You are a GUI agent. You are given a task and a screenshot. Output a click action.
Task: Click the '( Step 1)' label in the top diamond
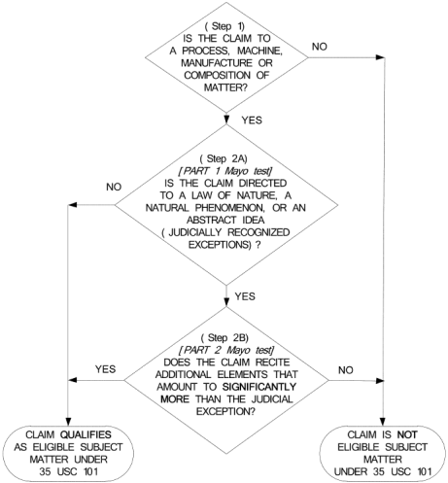[x=224, y=26]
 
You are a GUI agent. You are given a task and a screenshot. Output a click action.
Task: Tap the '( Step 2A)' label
[x=224, y=158]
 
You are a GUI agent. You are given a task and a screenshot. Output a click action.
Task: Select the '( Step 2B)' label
[x=224, y=338]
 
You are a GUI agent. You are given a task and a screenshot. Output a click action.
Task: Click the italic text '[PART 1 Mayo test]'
[x=224, y=171]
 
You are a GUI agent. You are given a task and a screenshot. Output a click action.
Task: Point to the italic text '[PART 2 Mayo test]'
[x=226, y=350]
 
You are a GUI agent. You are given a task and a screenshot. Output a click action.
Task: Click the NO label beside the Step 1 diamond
[x=320, y=47]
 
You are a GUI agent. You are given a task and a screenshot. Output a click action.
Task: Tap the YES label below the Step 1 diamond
[x=252, y=121]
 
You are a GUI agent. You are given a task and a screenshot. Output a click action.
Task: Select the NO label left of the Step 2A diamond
[x=114, y=187]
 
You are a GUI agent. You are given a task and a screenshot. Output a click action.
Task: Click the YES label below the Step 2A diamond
[x=245, y=296]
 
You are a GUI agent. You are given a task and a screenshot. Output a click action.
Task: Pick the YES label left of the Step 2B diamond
[x=105, y=369]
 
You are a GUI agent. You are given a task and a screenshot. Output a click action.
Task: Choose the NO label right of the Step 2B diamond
[x=346, y=370]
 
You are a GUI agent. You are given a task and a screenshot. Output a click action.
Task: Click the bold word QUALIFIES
[x=86, y=434]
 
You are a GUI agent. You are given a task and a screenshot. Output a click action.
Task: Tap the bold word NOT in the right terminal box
[x=407, y=434]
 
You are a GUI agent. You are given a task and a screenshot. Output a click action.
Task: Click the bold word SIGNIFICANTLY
[x=259, y=387]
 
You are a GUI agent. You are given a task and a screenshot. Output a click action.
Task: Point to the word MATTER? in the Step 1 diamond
[x=225, y=87]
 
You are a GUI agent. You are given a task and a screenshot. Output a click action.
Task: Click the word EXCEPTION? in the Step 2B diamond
[x=225, y=411]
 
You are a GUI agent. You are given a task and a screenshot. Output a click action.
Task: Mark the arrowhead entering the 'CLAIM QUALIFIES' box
[x=68, y=421]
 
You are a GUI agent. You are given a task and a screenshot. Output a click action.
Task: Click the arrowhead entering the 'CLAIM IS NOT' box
[x=383, y=421]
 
